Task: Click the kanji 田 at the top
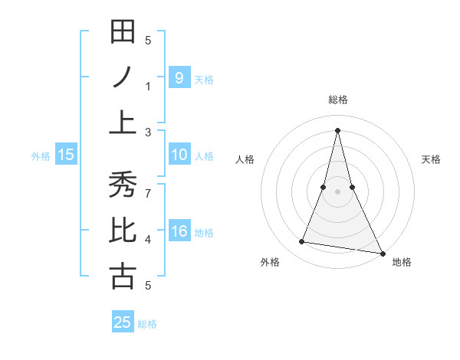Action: (x=123, y=33)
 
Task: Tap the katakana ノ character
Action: (x=123, y=77)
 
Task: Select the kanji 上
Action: (x=123, y=122)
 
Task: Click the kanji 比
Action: (x=123, y=231)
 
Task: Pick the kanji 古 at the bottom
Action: (x=123, y=276)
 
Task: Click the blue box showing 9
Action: (x=179, y=77)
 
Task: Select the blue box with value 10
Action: (x=179, y=155)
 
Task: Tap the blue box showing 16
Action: (x=179, y=231)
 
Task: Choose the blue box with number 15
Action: (x=66, y=155)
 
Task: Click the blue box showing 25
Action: (x=123, y=322)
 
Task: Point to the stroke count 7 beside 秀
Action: (x=148, y=185)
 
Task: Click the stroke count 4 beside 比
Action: (x=148, y=240)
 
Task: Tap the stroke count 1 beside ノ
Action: (x=148, y=86)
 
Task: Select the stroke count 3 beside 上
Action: (x=148, y=132)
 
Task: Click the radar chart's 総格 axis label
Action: (x=338, y=100)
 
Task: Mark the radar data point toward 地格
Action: (x=383, y=253)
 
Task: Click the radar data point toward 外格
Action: (x=302, y=242)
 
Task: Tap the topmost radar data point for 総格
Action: (x=338, y=129)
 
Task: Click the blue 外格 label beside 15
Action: (x=41, y=155)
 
